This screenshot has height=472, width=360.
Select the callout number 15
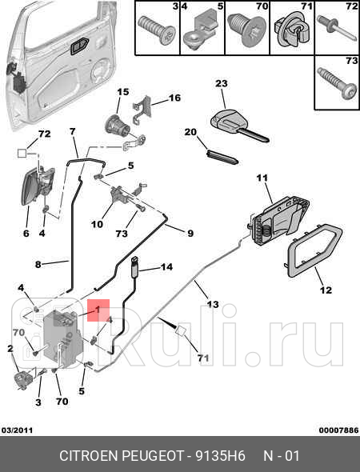[x=123, y=92]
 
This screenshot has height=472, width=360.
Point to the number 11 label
[x=262, y=178]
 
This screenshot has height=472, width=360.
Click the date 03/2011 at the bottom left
[x=17, y=430]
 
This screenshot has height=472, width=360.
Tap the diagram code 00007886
[x=339, y=430]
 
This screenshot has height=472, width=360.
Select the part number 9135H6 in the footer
[x=220, y=456]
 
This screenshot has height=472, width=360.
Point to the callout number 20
[x=190, y=132]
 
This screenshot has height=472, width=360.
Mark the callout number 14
[x=166, y=267]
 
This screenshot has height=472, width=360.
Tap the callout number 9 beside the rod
[x=190, y=234]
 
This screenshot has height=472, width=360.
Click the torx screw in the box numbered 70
[x=247, y=30]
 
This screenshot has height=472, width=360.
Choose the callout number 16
[x=174, y=98]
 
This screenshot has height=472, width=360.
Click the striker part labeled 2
[x=22, y=379]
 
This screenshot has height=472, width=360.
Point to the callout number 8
[x=38, y=264]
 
